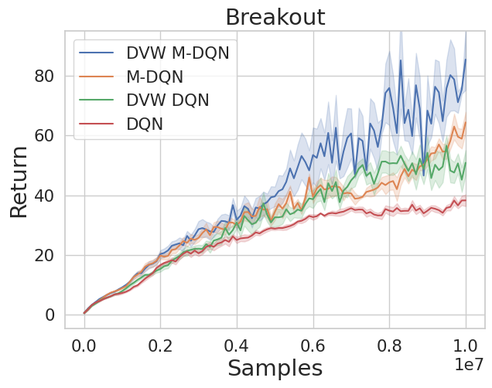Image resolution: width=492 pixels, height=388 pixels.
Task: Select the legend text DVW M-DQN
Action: click(177, 53)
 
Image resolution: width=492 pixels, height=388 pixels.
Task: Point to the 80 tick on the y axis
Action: click(45, 76)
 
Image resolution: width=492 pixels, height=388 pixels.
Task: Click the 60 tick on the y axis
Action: click(45, 136)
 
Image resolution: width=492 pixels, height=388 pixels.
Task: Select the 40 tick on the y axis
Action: click(45, 196)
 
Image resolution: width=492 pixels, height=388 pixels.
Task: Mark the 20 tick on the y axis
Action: click(45, 255)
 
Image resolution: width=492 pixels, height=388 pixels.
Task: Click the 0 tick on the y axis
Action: click(50, 315)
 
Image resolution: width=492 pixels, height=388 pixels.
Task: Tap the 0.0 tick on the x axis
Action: click(84, 343)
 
